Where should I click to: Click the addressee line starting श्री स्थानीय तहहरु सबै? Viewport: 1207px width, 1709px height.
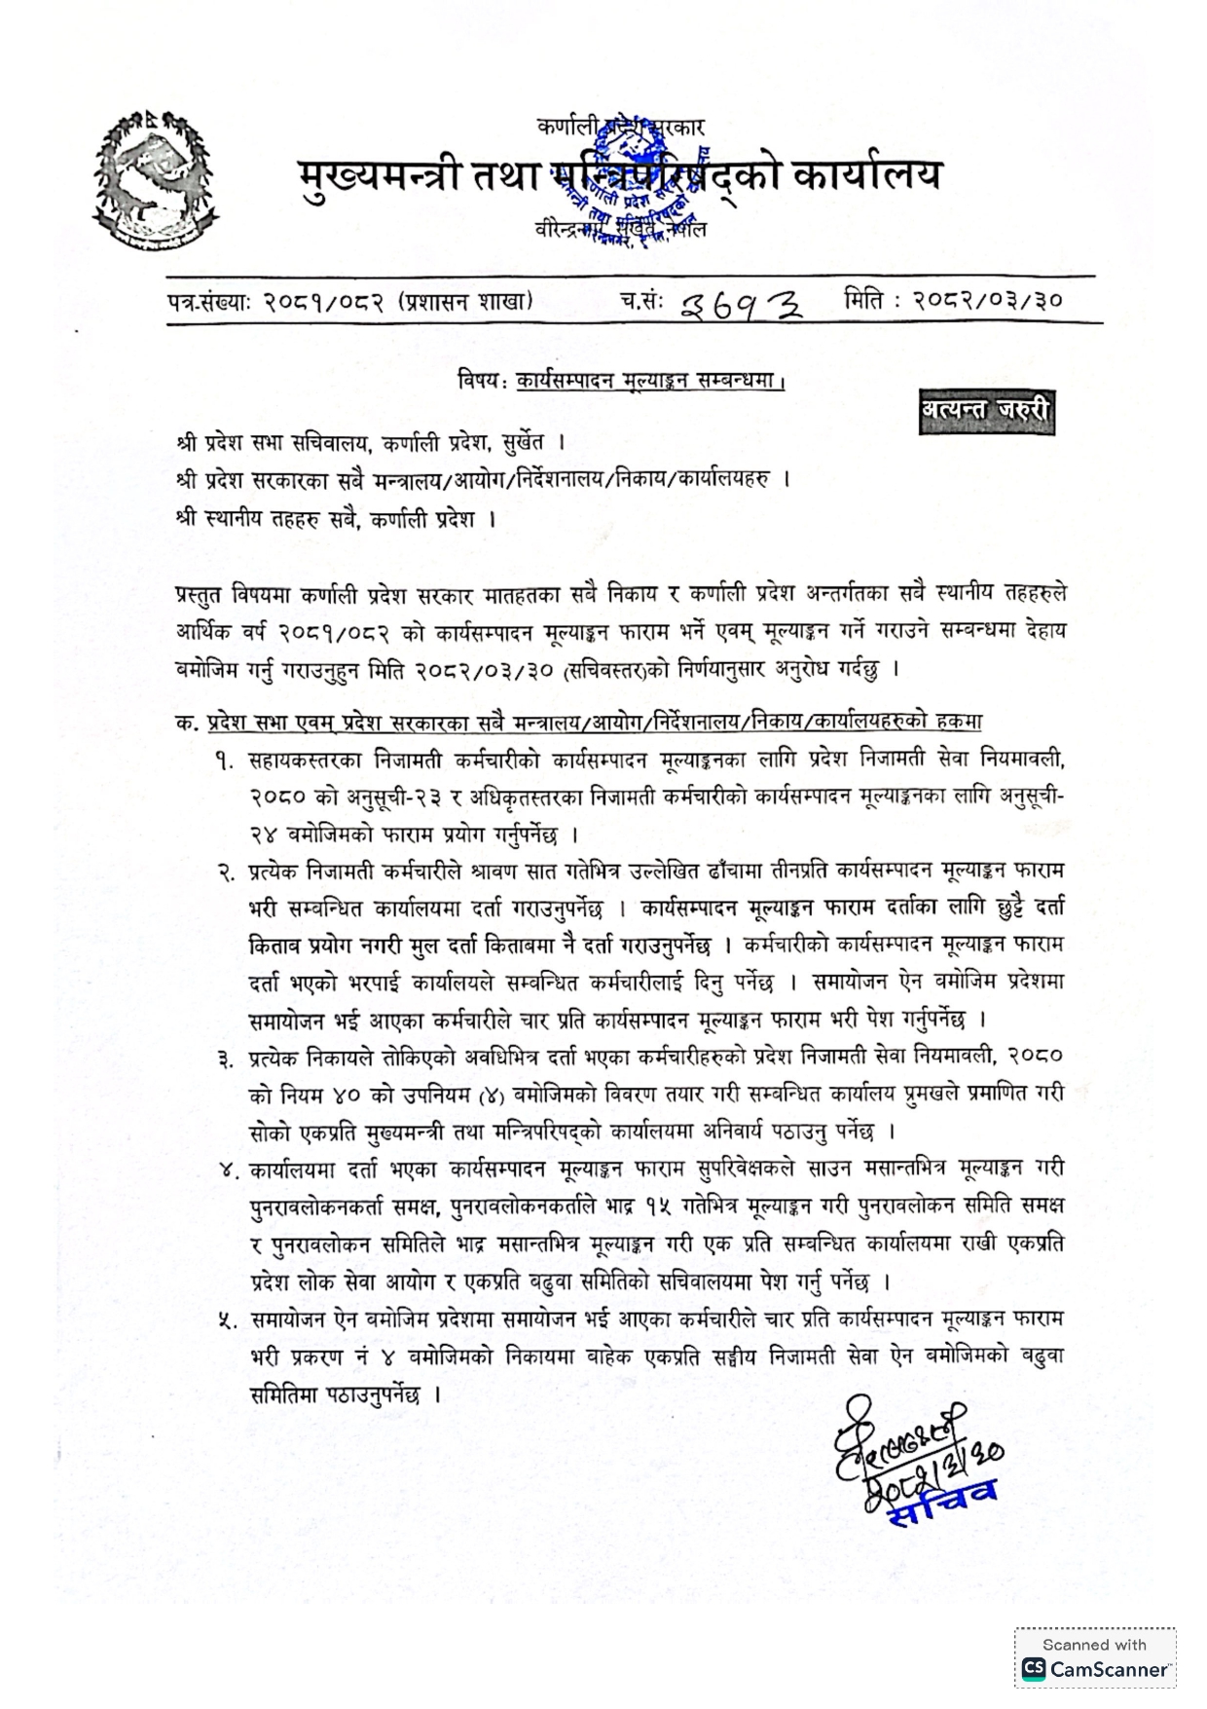(x=337, y=518)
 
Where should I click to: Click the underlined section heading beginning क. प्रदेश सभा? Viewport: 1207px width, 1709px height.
(x=579, y=722)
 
